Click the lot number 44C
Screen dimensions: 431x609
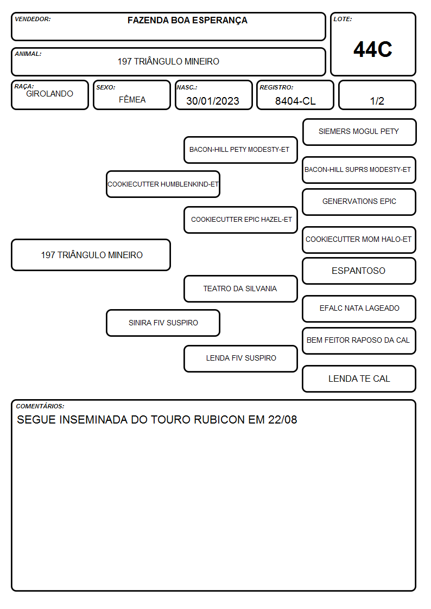(x=373, y=49)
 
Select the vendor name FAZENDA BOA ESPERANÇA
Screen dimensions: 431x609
(x=187, y=21)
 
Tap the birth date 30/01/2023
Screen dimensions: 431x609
(x=213, y=101)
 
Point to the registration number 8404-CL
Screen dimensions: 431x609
(x=295, y=101)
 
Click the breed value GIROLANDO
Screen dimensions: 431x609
(x=49, y=94)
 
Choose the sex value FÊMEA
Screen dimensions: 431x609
(x=132, y=99)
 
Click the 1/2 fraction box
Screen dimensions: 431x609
(x=377, y=95)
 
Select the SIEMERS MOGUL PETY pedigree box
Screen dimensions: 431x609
(x=359, y=132)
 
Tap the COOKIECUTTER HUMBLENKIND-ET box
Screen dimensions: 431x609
(x=163, y=184)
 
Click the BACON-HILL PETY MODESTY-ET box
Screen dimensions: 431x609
(x=240, y=150)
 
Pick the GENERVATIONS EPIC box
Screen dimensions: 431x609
(x=359, y=202)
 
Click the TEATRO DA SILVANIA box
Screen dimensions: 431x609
(x=240, y=289)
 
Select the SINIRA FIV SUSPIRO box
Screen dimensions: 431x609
(x=163, y=323)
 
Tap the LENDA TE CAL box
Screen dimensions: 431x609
(x=359, y=379)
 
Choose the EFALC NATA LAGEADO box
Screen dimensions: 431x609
(x=359, y=309)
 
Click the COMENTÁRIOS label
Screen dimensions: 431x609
(x=40, y=406)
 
